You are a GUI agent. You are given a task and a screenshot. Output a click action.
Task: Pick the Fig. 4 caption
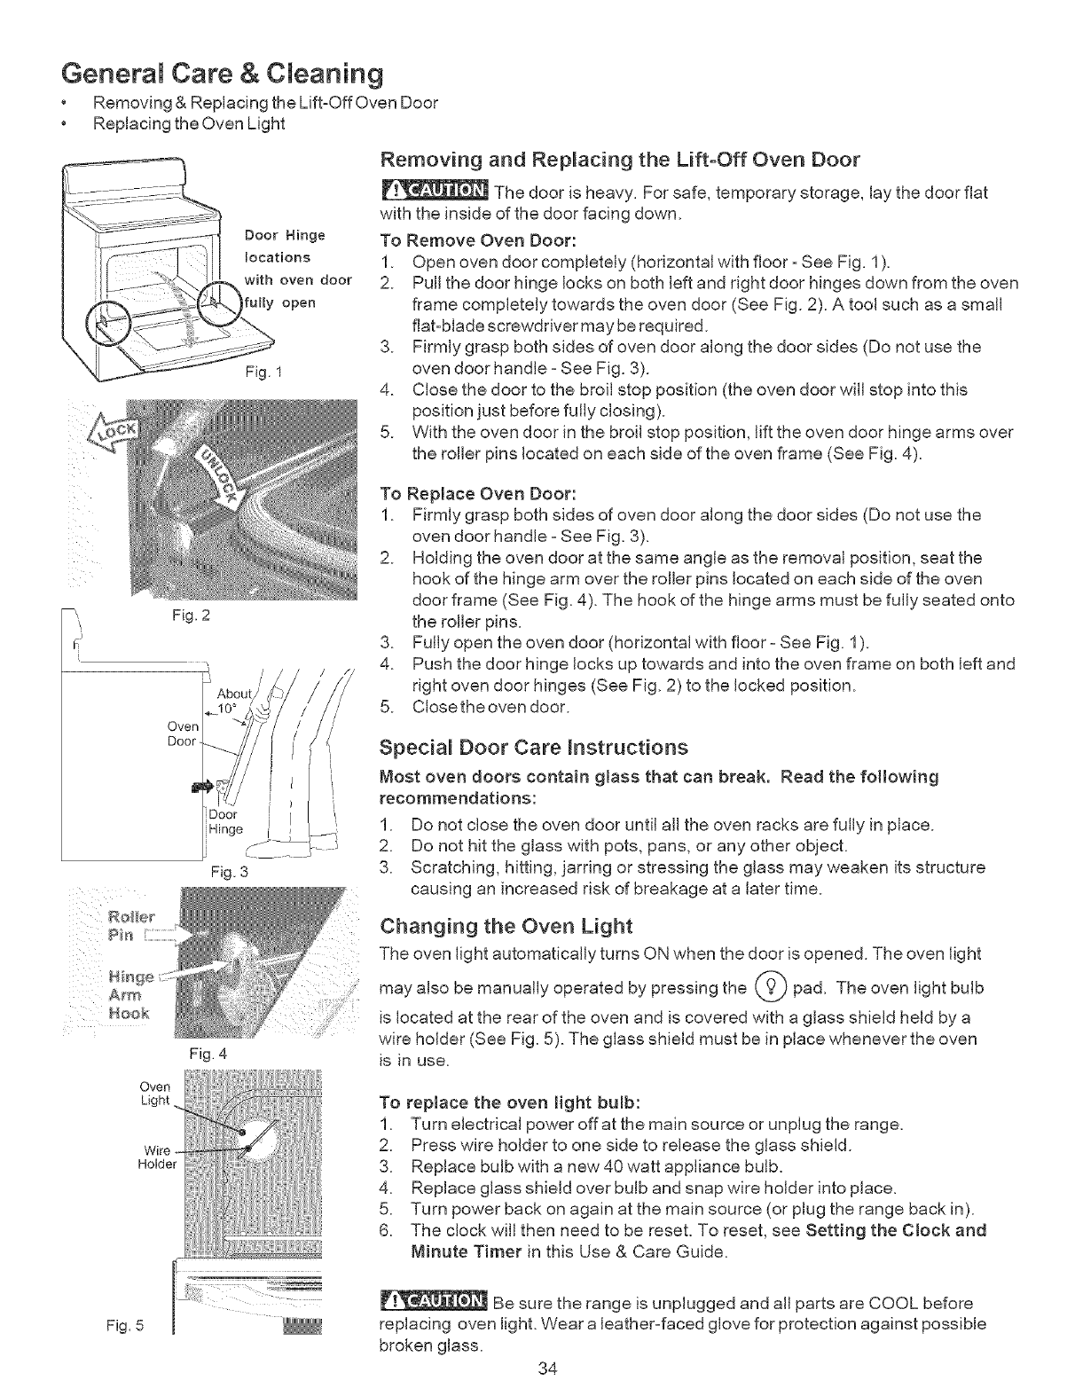[208, 1055]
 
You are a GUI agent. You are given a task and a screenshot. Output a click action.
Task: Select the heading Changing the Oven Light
[505, 927]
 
